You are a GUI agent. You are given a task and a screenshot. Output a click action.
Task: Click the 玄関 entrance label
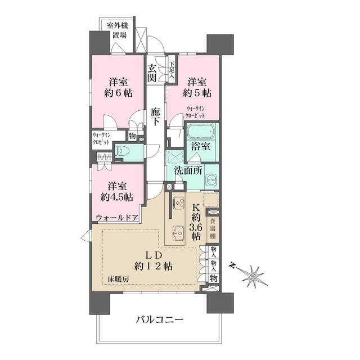pyautogui.click(x=152, y=74)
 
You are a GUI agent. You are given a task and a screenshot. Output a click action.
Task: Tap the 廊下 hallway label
pyautogui.click(x=156, y=115)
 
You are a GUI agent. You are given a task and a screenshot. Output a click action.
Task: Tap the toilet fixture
pyautogui.click(x=125, y=150)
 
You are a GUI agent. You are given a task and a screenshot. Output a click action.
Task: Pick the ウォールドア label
pyautogui.click(x=118, y=217)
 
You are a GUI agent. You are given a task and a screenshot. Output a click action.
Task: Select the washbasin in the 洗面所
pyautogui.click(x=211, y=180)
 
